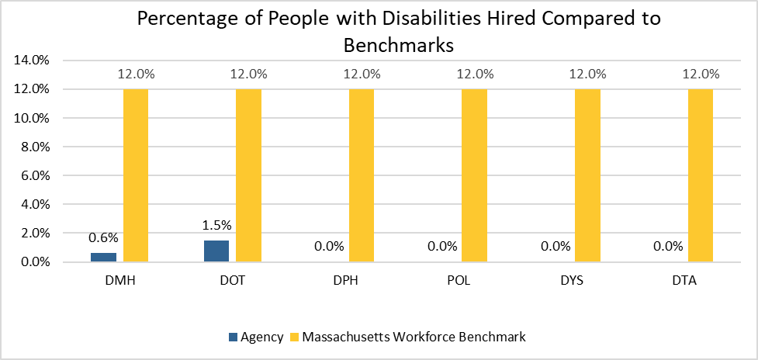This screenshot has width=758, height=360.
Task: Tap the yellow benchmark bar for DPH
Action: coord(362,175)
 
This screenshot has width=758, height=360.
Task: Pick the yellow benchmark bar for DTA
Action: coord(700,175)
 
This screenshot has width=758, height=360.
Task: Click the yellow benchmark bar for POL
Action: coord(474,175)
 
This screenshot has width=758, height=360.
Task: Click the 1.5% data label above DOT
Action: coord(216,226)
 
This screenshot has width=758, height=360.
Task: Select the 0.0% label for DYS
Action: coord(556,247)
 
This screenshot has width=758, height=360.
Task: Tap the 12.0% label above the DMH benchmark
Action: coord(136,75)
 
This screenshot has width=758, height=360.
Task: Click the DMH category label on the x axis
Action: coord(120,281)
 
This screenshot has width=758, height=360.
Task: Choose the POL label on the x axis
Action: coord(459,281)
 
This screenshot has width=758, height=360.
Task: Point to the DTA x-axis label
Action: coord(685,281)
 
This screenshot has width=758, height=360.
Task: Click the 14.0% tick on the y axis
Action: coord(33,61)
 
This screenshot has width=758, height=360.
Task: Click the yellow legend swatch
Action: coord(294,337)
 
